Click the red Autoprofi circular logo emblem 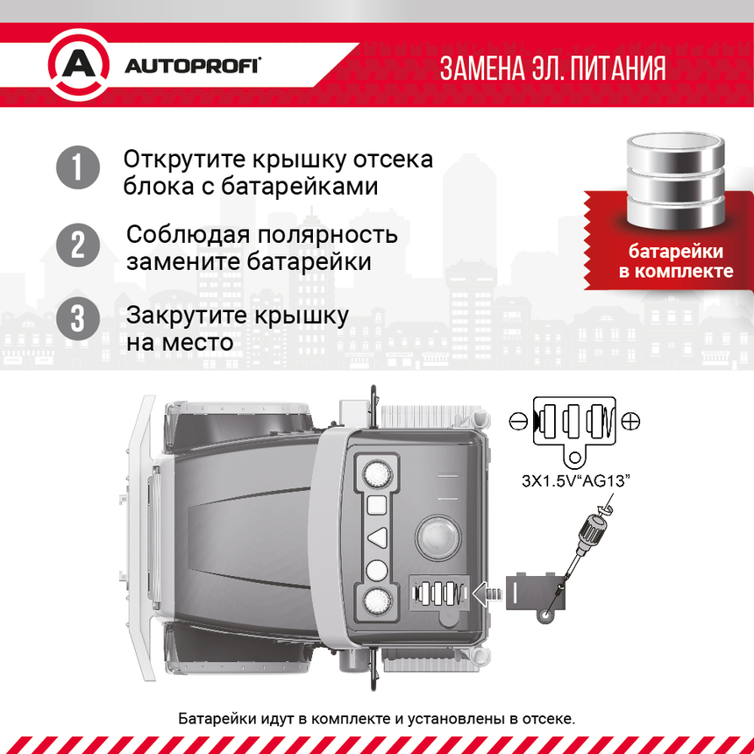pos(78,67)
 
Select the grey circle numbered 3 pos(78,318)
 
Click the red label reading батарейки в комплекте pos(676,261)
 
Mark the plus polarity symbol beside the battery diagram pos(630,422)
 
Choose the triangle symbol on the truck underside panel pos(376,537)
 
